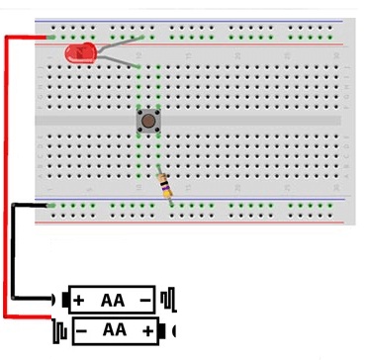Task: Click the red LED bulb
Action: click(x=75, y=54)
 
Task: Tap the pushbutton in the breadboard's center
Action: click(x=148, y=122)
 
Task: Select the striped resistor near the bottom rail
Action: click(x=164, y=184)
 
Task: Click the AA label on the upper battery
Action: click(x=112, y=299)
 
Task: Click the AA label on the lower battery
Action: click(x=114, y=328)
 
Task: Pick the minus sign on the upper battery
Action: click(x=145, y=299)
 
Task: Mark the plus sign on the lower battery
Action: click(x=148, y=328)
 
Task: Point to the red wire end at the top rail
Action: click(x=46, y=38)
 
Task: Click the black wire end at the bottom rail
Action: click(x=46, y=206)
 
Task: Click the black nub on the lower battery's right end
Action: click(x=175, y=329)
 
